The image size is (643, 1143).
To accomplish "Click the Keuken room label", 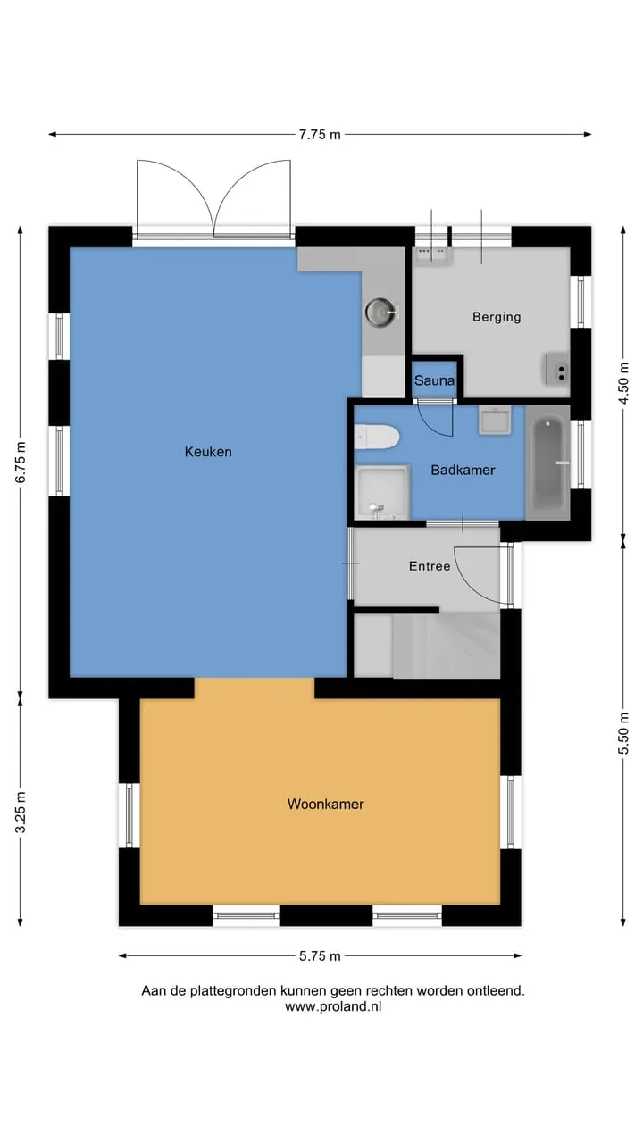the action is coord(208,452).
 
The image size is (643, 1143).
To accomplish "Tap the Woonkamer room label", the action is coord(326,805).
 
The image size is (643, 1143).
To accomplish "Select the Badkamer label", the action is coord(463,470).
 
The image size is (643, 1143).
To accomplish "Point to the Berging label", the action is coord(497,317).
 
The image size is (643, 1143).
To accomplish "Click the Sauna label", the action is coord(434,380).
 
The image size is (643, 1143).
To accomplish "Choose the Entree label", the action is coord(430,566).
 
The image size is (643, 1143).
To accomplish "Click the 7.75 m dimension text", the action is coord(320,135).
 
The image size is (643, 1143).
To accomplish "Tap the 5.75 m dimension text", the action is coord(320,956).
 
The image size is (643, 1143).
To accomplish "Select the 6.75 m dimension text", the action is coord(20,462).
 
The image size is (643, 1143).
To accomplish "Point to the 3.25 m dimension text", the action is coord(20,813).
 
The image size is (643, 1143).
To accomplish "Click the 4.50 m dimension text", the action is coord(623,383).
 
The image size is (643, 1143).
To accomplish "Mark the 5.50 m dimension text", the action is coord(623,733).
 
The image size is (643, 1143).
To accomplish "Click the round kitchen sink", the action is coord(380,312).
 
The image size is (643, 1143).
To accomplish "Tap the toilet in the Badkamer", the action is coord(377,437).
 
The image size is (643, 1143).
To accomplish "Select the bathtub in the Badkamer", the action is coord(547,463).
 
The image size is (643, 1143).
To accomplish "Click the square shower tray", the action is coord(382,492).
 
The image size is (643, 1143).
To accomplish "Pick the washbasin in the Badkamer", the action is coord(495,421).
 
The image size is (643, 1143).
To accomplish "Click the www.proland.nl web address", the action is coord(333,1006).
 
